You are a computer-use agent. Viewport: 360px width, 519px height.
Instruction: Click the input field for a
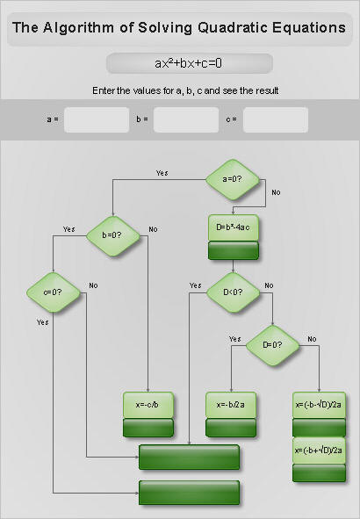click(97, 119)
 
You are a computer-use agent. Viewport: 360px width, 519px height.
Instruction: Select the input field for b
click(186, 119)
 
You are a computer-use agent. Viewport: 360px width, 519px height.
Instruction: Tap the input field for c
click(276, 119)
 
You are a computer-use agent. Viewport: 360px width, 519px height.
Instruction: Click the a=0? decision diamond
click(233, 179)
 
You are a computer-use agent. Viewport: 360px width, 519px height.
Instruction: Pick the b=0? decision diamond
click(113, 235)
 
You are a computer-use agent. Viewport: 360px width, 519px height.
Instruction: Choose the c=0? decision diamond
click(54, 292)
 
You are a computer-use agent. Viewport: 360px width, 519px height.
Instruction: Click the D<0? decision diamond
click(233, 292)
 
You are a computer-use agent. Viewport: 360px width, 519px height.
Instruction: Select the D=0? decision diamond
click(273, 345)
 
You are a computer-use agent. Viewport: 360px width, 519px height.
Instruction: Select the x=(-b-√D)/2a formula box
click(319, 405)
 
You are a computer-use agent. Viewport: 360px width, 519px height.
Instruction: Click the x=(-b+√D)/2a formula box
click(319, 451)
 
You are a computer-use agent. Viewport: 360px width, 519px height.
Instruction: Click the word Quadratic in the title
click(233, 28)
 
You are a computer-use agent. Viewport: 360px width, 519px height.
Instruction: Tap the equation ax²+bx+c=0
click(188, 63)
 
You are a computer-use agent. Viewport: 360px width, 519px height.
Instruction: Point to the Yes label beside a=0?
click(162, 173)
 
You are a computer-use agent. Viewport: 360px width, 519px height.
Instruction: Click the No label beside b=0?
click(153, 229)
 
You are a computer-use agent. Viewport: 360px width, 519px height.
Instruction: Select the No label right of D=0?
click(312, 339)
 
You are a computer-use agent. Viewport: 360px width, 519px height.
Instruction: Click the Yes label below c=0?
click(43, 322)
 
